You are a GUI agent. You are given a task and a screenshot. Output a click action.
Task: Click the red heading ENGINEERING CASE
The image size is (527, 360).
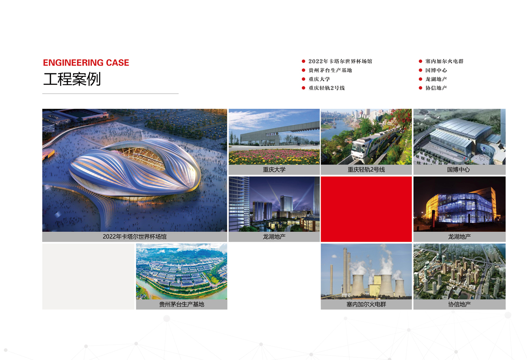pos(86,62)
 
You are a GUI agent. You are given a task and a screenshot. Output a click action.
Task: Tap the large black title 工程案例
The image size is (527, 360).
pos(72,79)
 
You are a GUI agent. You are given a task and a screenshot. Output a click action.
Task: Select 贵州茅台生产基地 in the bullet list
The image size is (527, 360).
pos(330,70)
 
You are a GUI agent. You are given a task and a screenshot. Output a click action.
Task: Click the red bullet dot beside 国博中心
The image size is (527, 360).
pos(420,70)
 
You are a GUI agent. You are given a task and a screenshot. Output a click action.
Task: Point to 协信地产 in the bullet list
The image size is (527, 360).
pos(436,88)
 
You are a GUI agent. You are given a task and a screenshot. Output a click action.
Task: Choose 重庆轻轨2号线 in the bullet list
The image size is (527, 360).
pos(327,88)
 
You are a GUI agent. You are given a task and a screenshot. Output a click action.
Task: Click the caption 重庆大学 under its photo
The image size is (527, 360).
pos(274,169)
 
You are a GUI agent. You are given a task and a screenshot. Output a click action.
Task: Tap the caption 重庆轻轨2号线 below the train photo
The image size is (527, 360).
pos(366,169)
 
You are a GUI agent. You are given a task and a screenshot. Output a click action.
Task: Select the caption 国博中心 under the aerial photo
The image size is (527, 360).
pos(458,169)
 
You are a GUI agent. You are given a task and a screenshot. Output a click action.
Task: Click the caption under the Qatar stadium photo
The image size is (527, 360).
pos(134,237)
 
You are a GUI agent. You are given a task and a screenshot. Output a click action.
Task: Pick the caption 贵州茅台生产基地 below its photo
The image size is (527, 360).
pos(182,304)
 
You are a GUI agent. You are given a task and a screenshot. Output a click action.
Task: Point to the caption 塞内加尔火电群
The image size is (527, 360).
pos(366,304)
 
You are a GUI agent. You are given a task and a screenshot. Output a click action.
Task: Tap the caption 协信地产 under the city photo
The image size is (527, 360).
pos(459,304)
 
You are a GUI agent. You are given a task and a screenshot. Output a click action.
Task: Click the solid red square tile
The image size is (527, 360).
pos(366,209)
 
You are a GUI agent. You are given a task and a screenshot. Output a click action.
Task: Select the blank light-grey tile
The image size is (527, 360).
pos(88,277)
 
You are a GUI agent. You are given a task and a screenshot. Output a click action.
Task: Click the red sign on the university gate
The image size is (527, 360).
pos(272,134)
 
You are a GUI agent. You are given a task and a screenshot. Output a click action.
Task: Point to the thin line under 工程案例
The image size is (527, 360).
pos(110,94)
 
